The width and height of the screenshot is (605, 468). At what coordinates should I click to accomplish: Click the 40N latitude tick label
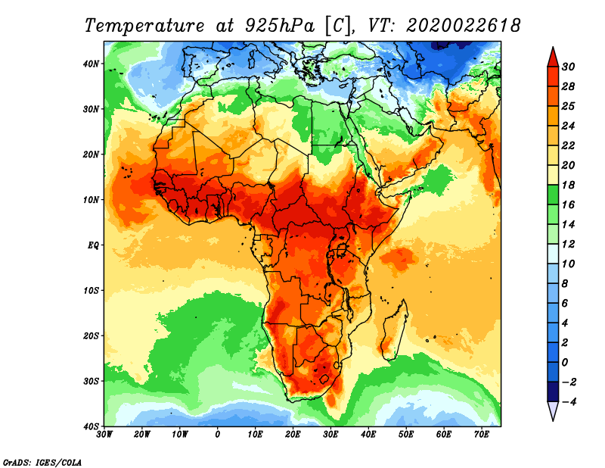click(91, 63)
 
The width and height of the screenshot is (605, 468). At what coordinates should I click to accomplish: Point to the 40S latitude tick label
click(91, 426)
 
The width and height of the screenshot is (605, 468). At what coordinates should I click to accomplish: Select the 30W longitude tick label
click(104, 434)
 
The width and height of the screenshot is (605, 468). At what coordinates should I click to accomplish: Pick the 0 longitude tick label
click(218, 434)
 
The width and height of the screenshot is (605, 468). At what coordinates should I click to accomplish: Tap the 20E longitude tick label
click(293, 434)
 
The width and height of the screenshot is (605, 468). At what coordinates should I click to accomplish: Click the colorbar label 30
click(569, 67)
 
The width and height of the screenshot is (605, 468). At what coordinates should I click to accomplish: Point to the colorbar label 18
click(569, 185)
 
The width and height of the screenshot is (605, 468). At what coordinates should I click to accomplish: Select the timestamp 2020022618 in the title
click(464, 25)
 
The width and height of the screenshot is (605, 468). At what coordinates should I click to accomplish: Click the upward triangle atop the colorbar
click(553, 56)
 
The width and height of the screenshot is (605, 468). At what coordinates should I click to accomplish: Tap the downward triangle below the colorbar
click(553, 411)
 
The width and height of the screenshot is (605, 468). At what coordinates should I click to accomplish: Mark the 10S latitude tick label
click(91, 290)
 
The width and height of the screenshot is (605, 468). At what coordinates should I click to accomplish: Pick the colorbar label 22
click(569, 145)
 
